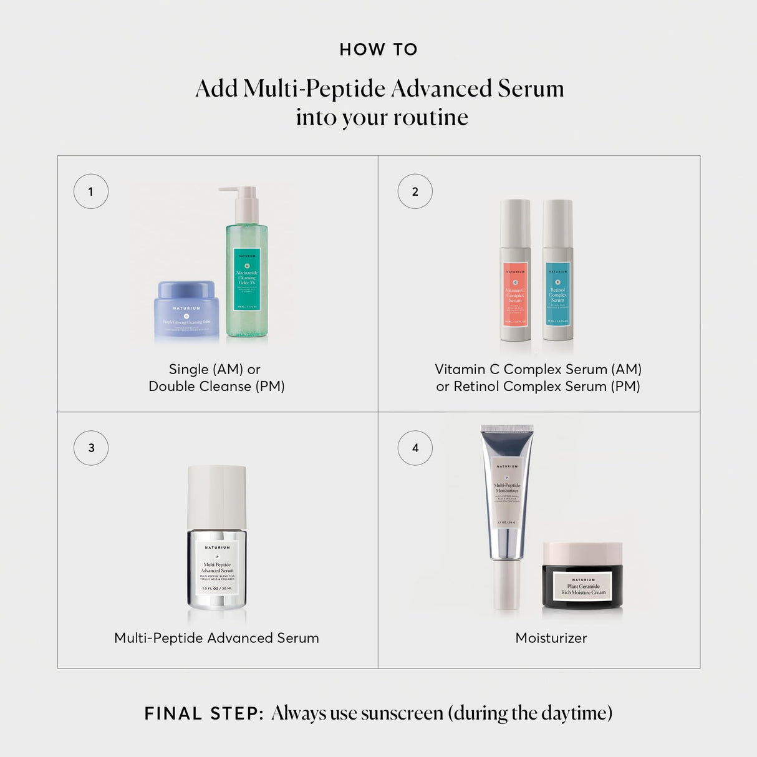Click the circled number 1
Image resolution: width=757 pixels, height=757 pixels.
(x=91, y=191)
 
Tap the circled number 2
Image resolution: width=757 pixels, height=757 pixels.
(x=415, y=191)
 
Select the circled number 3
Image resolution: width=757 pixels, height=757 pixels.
(x=91, y=448)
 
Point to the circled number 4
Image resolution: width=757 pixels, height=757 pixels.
(x=415, y=448)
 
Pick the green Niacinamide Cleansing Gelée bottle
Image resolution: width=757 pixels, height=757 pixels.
(x=247, y=281)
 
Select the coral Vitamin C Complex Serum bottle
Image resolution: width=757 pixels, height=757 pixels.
(x=515, y=274)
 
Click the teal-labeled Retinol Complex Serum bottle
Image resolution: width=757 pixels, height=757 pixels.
(x=557, y=274)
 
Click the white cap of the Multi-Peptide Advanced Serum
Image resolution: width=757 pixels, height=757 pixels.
(x=217, y=496)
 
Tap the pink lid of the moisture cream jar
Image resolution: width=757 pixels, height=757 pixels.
(x=582, y=552)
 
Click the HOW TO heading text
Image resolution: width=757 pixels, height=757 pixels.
(x=378, y=50)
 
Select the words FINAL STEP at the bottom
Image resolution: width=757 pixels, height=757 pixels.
(x=204, y=713)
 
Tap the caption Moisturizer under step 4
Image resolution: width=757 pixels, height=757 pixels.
(x=551, y=638)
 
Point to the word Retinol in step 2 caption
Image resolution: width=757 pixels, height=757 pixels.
(x=476, y=387)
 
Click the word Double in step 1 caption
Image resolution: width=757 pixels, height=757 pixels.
(x=168, y=387)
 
